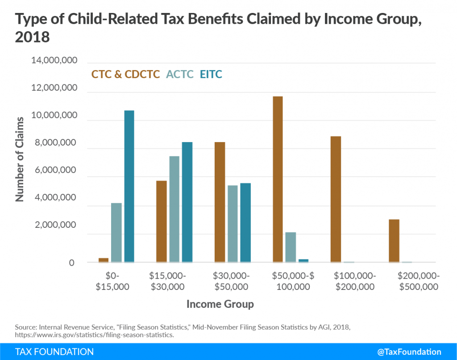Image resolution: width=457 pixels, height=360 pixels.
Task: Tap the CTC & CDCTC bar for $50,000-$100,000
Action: [278, 179]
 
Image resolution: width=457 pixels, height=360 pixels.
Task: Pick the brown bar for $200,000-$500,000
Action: [394, 241]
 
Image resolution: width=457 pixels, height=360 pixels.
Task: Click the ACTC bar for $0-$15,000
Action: [116, 233]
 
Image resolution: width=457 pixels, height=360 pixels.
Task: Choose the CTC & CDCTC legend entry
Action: [125, 74]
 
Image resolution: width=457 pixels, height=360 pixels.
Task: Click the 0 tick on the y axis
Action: [72, 263]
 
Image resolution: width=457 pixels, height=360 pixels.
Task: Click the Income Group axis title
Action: [220, 304]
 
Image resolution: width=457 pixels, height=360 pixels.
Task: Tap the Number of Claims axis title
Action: [20, 159]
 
